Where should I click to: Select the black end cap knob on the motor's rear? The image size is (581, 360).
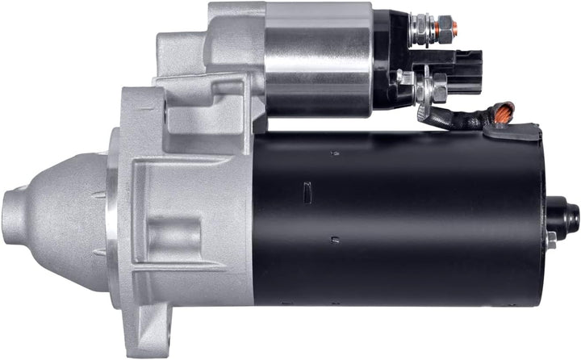[569, 216]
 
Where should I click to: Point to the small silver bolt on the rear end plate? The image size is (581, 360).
[551, 238]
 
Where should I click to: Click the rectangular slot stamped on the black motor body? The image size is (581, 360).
[307, 191]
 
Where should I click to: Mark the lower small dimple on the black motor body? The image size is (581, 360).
[334, 239]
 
